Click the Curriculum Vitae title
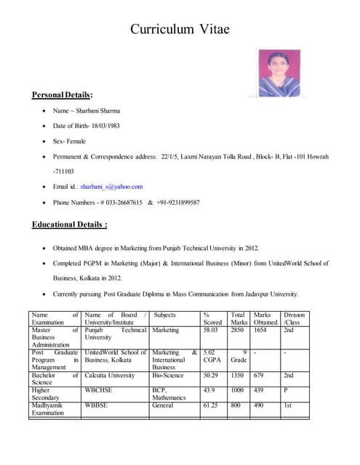180,29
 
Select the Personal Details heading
63,95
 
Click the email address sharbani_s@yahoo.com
111,187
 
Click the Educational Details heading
70,225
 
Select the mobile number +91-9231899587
179,203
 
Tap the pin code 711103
64,171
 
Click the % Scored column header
212,318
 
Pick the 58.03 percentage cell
211,330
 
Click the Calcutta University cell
110,376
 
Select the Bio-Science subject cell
168,376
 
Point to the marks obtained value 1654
260,330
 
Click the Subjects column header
165,315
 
